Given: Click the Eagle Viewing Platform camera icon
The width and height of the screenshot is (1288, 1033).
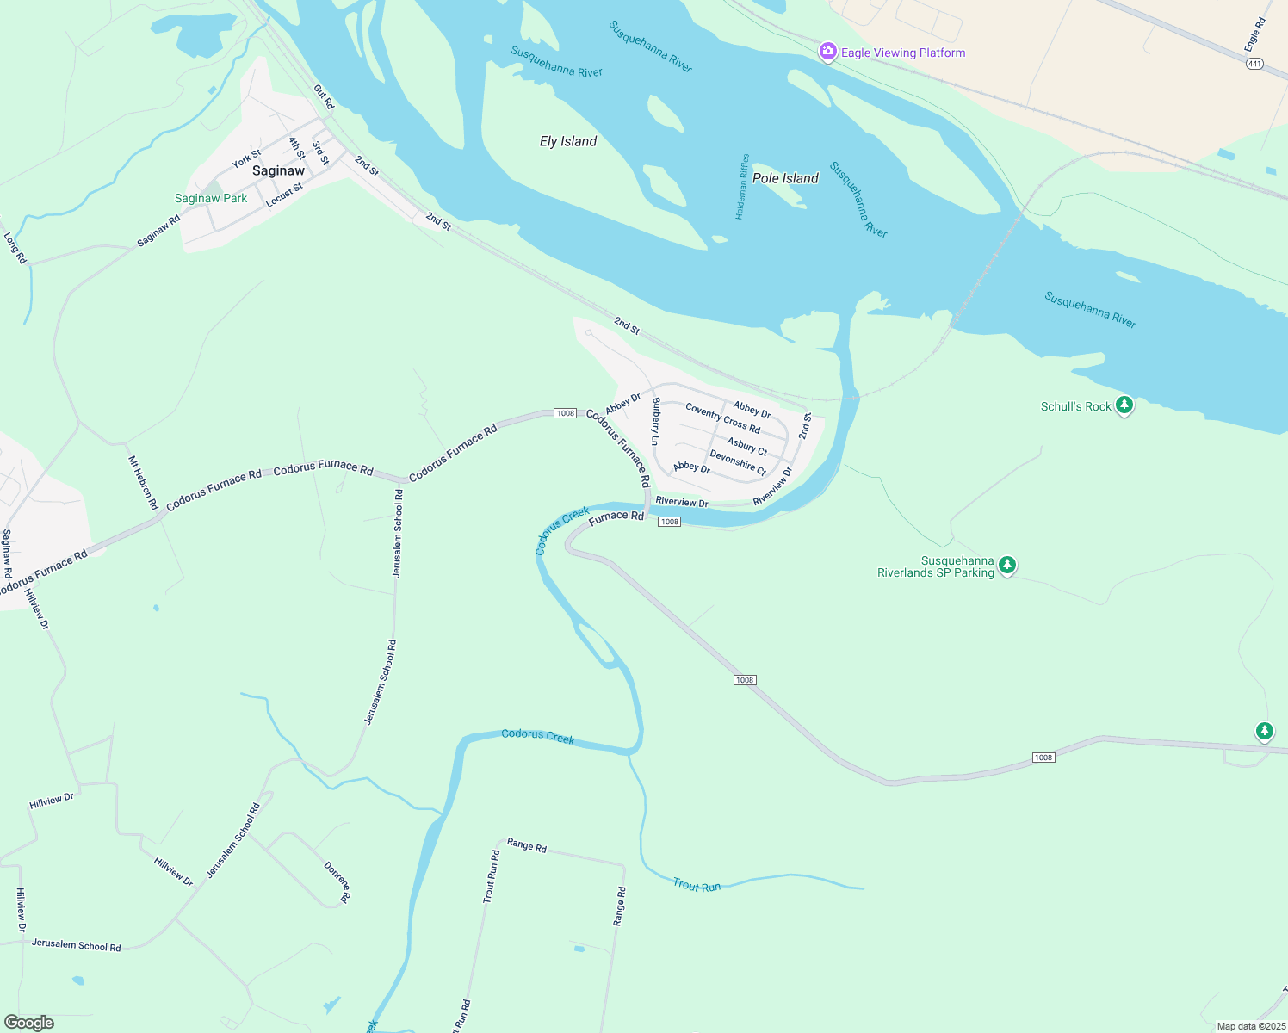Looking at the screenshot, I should (x=827, y=53).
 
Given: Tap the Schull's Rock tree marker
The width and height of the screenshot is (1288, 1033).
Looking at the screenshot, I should (x=1124, y=405).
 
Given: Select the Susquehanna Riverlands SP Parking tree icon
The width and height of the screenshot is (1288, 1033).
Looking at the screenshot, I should (x=1007, y=566).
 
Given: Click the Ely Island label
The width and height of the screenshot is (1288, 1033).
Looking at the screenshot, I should (x=568, y=141).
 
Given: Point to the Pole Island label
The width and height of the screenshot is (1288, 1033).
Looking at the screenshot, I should (x=785, y=178).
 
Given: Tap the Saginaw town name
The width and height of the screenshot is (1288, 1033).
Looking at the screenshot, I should (x=278, y=170).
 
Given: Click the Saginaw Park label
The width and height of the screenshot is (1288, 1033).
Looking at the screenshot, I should (x=211, y=198).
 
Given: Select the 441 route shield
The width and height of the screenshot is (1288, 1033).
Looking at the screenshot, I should (x=1254, y=64).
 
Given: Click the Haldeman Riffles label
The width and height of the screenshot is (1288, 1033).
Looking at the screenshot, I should (x=743, y=187).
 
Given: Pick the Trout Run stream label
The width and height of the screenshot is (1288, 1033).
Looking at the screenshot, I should (x=697, y=886).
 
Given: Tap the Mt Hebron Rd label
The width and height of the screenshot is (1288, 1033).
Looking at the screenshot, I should (x=144, y=483).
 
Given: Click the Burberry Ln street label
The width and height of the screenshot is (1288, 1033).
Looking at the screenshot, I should (x=656, y=421).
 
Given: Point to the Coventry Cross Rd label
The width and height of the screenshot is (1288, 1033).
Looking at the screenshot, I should (x=723, y=418).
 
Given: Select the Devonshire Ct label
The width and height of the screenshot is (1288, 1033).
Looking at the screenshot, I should (x=738, y=462).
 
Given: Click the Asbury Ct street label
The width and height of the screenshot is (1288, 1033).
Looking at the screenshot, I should (x=747, y=446).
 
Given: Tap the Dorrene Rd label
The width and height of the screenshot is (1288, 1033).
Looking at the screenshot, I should (x=337, y=881).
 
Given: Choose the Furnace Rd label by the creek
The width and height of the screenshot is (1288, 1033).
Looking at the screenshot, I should (x=616, y=516).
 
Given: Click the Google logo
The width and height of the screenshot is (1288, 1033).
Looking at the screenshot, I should (x=29, y=1023).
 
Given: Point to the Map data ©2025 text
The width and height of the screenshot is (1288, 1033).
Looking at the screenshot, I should (x=1250, y=1026).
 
